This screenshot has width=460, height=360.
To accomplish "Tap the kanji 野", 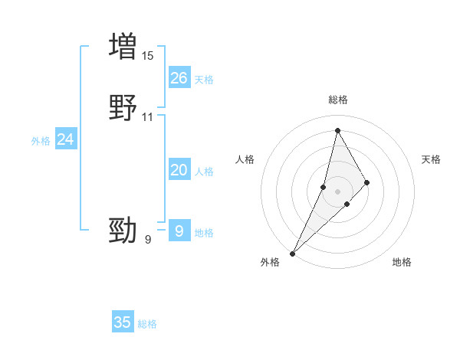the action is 123,108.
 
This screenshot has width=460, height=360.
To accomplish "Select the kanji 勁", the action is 123,230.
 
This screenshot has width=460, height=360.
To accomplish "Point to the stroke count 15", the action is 148,56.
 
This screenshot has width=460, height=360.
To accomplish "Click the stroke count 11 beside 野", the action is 148,117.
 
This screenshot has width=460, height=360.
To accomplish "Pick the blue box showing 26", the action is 179,77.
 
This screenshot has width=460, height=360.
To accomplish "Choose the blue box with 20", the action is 179,170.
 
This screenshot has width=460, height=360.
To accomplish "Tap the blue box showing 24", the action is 66,139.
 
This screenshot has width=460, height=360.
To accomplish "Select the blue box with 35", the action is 123,322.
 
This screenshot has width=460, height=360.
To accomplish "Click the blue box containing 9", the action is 179,231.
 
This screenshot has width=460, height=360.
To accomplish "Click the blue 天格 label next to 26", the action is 204,79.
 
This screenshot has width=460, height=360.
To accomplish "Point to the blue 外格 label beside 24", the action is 41,141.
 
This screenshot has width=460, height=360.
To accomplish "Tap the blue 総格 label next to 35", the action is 147,324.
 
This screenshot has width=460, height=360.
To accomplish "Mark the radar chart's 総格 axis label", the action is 338,100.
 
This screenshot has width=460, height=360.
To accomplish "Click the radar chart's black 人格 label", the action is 245,159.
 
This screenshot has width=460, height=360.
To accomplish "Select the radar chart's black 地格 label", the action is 402,263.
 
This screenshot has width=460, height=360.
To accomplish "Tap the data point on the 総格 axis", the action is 337,130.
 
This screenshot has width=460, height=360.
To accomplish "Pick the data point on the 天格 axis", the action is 367,182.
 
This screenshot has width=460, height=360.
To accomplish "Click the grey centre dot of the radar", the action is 337,191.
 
